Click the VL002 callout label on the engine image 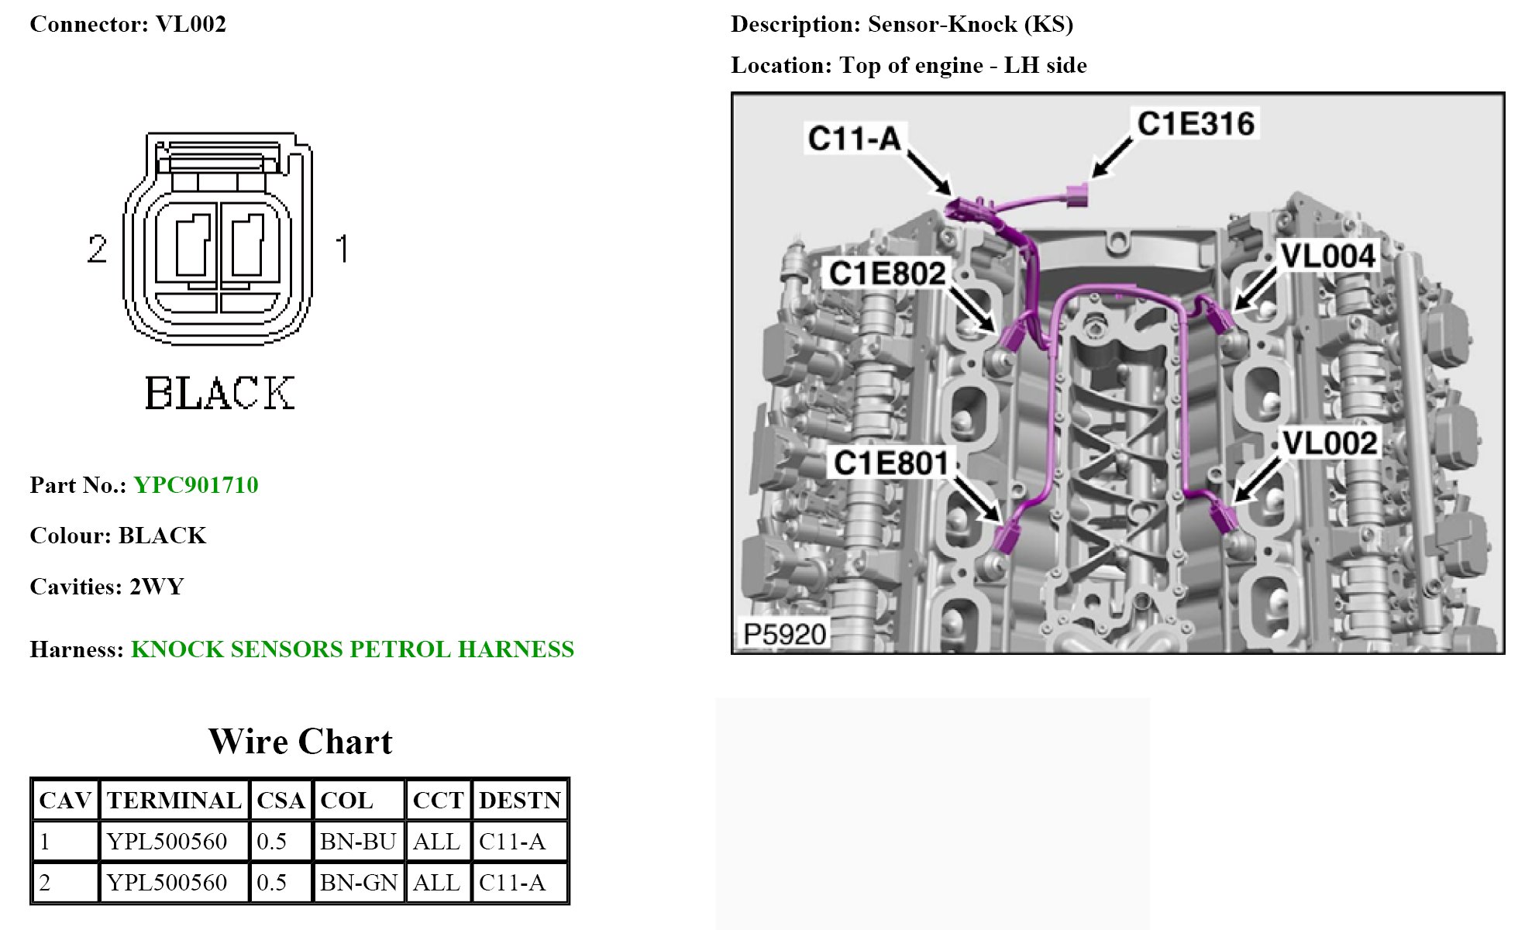[x=1330, y=443]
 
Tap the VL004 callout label [x=1327, y=256]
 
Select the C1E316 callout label [x=1195, y=124]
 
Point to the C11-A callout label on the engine [x=854, y=139]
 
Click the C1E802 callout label [x=887, y=274]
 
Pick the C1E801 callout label [x=890, y=463]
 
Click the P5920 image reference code [x=784, y=634]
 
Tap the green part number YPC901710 [x=196, y=485]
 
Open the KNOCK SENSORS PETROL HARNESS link [x=353, y=649]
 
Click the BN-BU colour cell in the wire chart [x=358, y=842]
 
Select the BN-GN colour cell [x=358, y=883]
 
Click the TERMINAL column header [x=174, y=801]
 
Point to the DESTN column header [x=519, y=801]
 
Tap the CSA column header [x=281, y=801]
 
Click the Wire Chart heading [x=301, y=742]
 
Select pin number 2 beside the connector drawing [x=97, y=249]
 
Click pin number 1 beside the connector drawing [x=342, y=249]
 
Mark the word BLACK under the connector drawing [x=220, y=393]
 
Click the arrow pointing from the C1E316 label [x=1110, y=160]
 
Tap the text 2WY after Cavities [x=157, y=587]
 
